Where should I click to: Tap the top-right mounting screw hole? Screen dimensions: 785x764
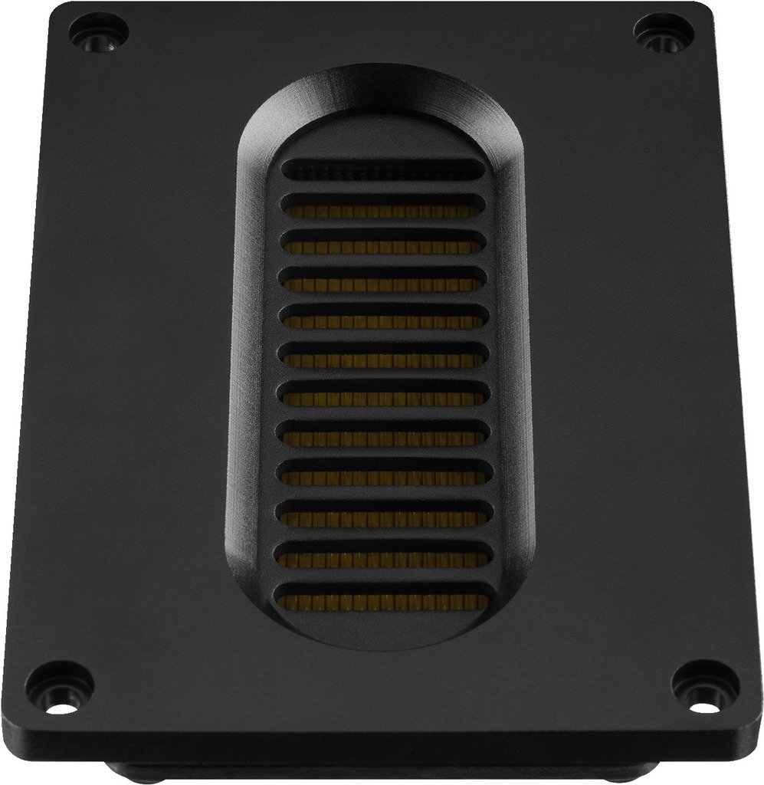point(663,34)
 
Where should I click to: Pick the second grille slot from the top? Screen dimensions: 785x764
point(382,207)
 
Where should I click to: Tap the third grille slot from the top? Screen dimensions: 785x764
point(382,244)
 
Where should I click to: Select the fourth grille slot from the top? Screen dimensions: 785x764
point(382,281)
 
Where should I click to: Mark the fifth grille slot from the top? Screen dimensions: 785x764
point(382,319)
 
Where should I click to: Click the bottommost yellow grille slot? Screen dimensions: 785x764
point(382,599)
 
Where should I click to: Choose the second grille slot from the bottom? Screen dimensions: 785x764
point(382,558)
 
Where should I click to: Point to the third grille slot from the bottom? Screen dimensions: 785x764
point(382,517)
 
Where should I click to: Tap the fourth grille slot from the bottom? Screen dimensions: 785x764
point(382,477)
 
